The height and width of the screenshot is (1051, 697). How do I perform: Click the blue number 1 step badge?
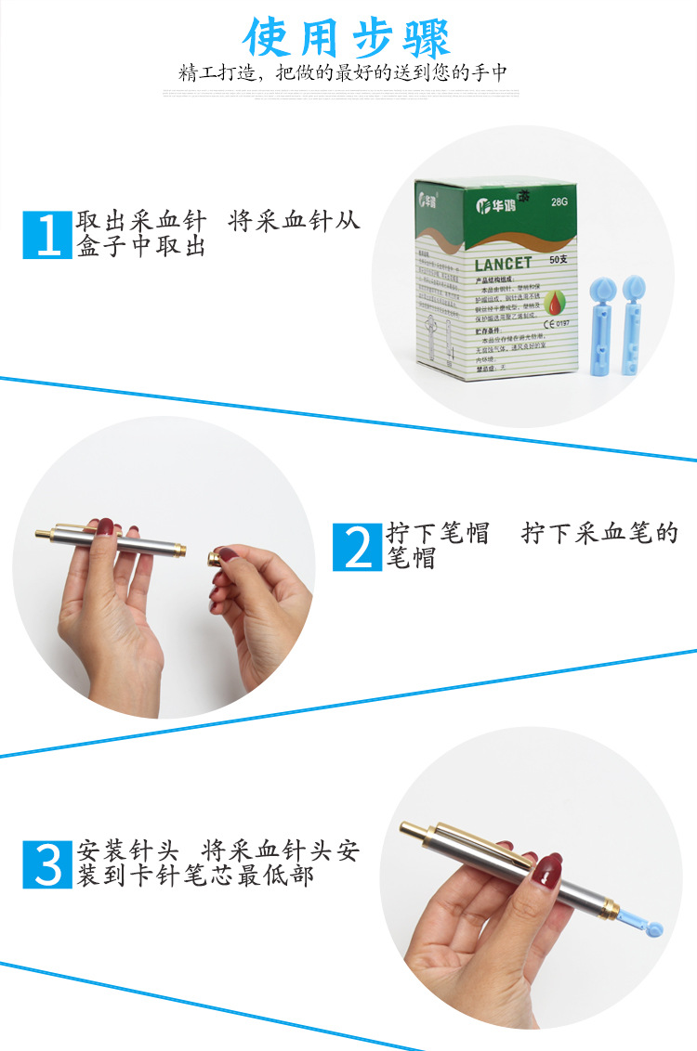(47, 234)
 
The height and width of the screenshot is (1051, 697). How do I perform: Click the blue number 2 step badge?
(358, 547)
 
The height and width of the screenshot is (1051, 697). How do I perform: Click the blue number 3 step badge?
(47, 863)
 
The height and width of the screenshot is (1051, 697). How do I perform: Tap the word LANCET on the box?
(504, 263)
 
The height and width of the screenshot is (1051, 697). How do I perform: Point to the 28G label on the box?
(559, 201)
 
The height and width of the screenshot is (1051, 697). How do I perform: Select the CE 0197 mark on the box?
(559, 324)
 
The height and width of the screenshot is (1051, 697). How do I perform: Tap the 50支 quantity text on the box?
(558, 259)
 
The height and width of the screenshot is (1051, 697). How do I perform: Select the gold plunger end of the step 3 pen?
(414, 830)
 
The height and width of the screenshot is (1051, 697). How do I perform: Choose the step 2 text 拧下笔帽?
(438, 534)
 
